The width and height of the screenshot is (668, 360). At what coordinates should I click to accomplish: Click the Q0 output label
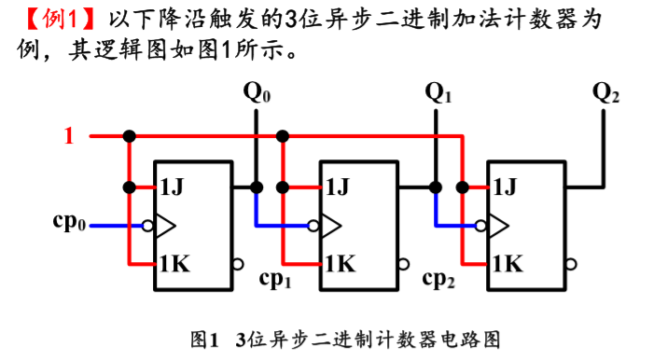click(257, 93)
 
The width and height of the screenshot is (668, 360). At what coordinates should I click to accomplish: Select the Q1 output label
click(438, 93)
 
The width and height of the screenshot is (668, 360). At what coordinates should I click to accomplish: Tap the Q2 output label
click(606, 93)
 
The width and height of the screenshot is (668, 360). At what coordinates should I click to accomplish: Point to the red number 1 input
click(68, 137)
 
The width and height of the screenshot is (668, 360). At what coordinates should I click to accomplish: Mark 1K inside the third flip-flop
click(507, 264)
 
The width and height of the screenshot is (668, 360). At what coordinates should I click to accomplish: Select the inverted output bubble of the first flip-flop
click(239, 264)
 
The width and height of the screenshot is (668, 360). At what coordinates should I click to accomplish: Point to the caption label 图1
click(202, 338)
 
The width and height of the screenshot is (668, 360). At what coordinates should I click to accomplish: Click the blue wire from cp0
click(112, 225)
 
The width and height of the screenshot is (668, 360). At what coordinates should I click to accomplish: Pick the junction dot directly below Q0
click(257, 187)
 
